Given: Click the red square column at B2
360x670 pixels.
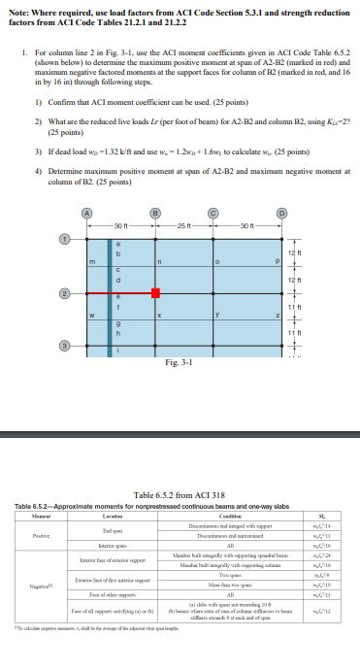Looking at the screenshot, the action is click(154, 293).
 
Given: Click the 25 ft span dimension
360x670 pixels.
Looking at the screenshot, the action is click(185, 226).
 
